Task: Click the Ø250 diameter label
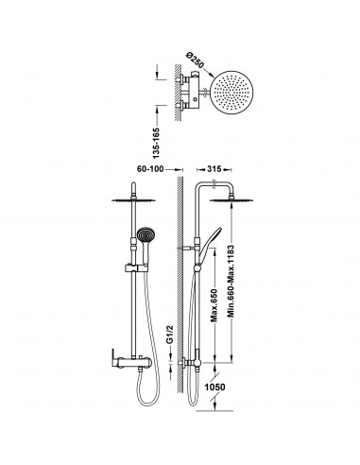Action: (196, 61)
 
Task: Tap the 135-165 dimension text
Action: (156, 143)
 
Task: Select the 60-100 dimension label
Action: (150, 169)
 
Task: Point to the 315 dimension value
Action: (214, 169)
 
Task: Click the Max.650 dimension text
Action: (214, 305)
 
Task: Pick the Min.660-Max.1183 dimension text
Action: (231, 281)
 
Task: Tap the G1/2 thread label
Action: (170, 335)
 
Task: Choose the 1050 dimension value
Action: (215, 387)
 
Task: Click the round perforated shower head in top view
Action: (231, 93)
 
